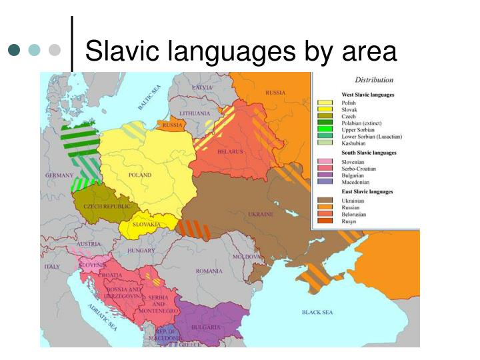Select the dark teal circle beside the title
14,50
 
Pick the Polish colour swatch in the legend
325,102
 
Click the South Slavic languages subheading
368,153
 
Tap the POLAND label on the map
140,175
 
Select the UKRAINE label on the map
261,215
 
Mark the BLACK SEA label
319,312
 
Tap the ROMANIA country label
209,271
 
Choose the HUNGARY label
141,251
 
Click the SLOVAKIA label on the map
146,225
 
